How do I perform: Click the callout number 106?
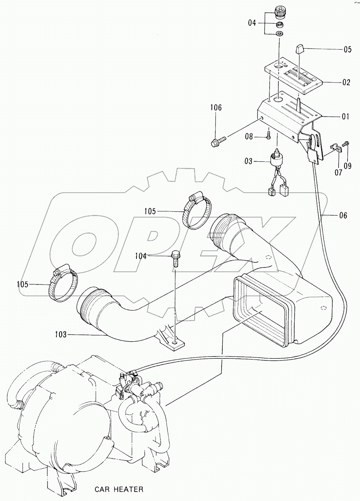click(216, 108)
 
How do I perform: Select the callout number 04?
click(252, 23)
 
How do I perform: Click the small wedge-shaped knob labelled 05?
click(299, 50)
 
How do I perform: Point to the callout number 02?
click(346, 82)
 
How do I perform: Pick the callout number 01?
click(345, 116)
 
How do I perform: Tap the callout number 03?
click(248, 161)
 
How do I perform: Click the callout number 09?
click(347, 166)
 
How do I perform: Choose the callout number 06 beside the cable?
click(343, 215)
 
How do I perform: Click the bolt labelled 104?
click(175, 258)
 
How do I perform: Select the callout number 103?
click(61, 334)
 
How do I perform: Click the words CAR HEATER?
click(119, 489)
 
